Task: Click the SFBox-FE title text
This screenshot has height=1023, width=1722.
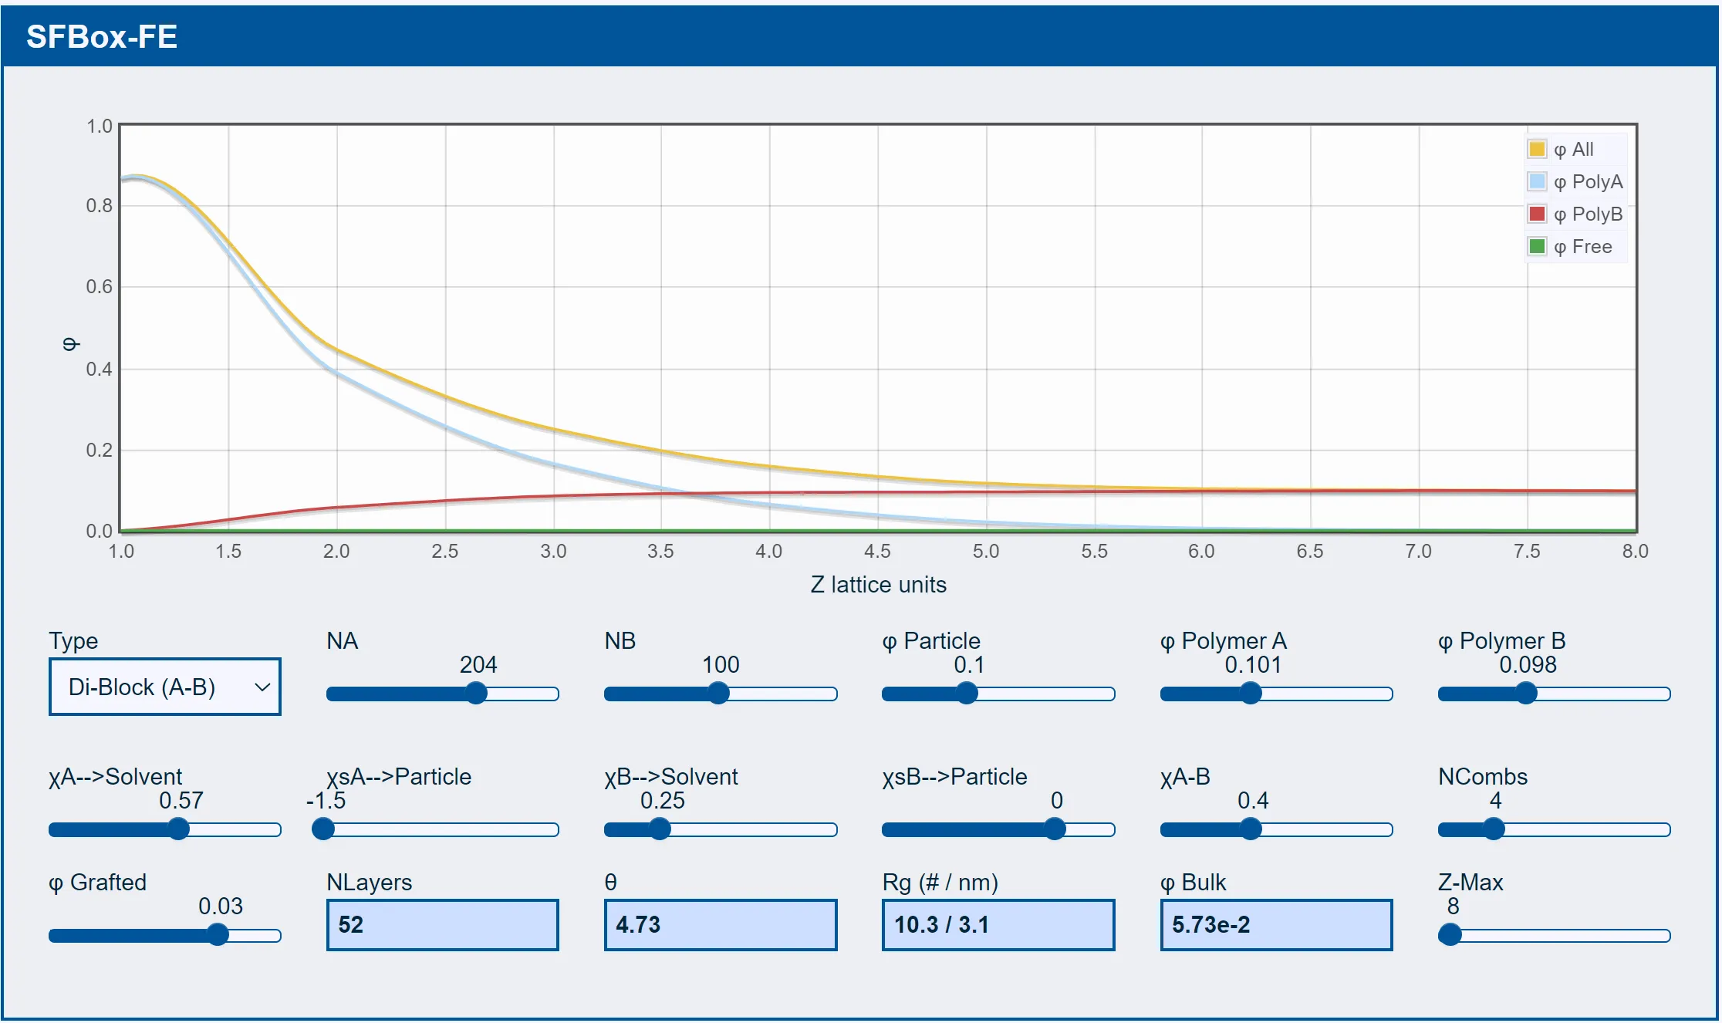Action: pyautogui.click(x=102, y=36)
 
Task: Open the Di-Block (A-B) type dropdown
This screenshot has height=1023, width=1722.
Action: pyautogui.click(x=165, y=687)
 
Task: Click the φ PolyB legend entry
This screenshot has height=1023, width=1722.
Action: pyautogui.click(x=1576, y=214)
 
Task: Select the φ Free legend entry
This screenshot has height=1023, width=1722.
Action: pyautogui.click(x=1571, y=246)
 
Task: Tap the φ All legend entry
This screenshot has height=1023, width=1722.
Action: pyautogui.click(x=1562, y=149)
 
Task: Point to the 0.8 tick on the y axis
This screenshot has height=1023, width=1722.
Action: pyautogui.click(x=100, y=205)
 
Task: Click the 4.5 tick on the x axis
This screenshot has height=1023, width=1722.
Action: pyautogui.click(x=877, y=551)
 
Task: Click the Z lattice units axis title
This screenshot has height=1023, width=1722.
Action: pyautogui.click(x=878, y=585)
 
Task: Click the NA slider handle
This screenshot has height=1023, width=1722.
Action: pyautogui.click(x=477, y=694)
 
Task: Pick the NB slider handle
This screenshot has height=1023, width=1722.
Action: pyautogui.click(x=718, y=694)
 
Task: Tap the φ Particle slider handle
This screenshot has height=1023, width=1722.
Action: pyautogui.click(x=967, y=694)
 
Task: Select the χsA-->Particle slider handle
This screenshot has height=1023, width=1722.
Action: pyautogui.click(x=323, y=829)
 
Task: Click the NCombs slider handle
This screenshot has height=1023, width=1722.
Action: pyautogui.click(x=1494, y=829)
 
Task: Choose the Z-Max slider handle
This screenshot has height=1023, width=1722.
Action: pyautogui.click(x=1450, y=935)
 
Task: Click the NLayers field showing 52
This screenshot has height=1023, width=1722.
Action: pyautogui.click(x=443, y=925)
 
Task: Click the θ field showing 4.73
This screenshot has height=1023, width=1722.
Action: pyautogui.click(x=721, y=925)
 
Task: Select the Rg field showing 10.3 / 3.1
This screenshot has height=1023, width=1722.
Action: pyautogui.click(x=998, y=925)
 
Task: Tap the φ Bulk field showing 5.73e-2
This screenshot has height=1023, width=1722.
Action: pyautogui.click(x=1277, y=925)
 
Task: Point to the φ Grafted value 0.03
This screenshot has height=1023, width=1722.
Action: pyautogui.click(x=221, y=906)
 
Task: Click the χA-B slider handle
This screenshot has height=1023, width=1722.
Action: pyautogui.click(x=1251, y=829)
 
